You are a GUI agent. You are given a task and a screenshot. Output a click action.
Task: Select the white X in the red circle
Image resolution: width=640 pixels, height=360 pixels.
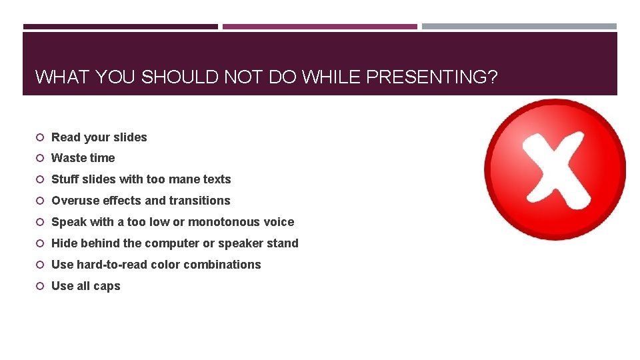pyautogui.click(x=555, y=168)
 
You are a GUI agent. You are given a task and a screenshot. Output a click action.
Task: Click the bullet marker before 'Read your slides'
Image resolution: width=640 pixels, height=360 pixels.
pyautogui.click(x=40, y=137)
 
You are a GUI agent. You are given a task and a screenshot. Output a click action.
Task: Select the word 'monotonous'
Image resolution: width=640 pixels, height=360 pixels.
pyautogui.click(x=226, y=222)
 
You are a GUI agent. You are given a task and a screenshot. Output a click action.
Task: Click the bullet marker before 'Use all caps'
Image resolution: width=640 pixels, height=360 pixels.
pyautogui.click(x=40, y=286)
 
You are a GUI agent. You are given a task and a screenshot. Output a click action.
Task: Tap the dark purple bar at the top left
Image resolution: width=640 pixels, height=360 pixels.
pyautogui.click(x=120, y=27)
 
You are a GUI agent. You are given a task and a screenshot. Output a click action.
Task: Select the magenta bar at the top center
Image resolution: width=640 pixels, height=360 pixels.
pyautogui.click(x=319, y=27)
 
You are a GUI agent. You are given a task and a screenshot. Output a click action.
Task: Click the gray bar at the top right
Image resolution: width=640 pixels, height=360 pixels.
pyautogui.click(x=519, y=27)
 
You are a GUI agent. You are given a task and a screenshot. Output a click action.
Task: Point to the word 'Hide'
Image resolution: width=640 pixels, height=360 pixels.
pyautogui.click(x=64, y=243)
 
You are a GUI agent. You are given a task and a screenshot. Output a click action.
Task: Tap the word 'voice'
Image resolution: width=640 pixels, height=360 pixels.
pyautogui.click(x=279, y=222)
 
